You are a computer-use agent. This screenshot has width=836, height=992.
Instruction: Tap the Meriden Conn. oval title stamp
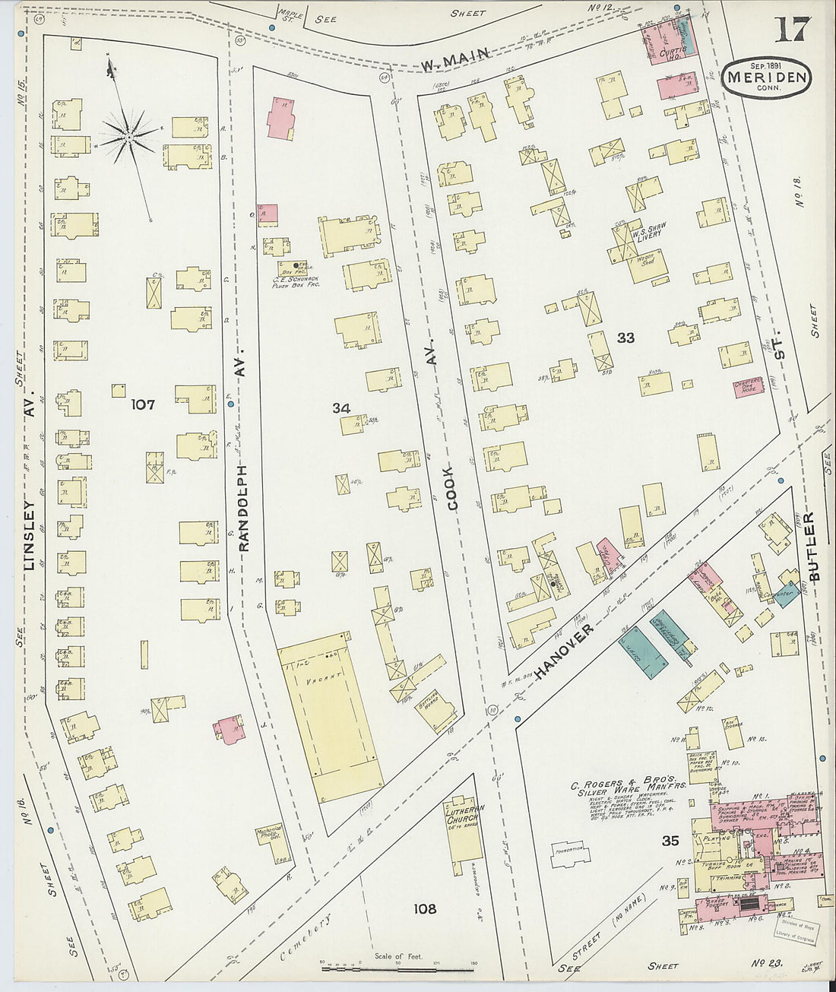tap(766, 77)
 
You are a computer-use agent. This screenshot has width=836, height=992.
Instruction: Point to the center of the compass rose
tap(129, 136)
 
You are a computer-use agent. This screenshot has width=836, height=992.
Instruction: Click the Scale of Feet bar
tap(398, 968)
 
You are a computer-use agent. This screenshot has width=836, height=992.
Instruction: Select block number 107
tap(143, 404)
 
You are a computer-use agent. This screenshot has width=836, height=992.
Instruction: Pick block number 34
tap(340, 408)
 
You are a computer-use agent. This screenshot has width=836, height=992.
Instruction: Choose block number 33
tap(625, 338)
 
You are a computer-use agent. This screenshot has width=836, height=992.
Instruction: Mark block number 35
tap(670, 841)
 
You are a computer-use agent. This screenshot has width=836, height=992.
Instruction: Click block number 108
tap(425, 908)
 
